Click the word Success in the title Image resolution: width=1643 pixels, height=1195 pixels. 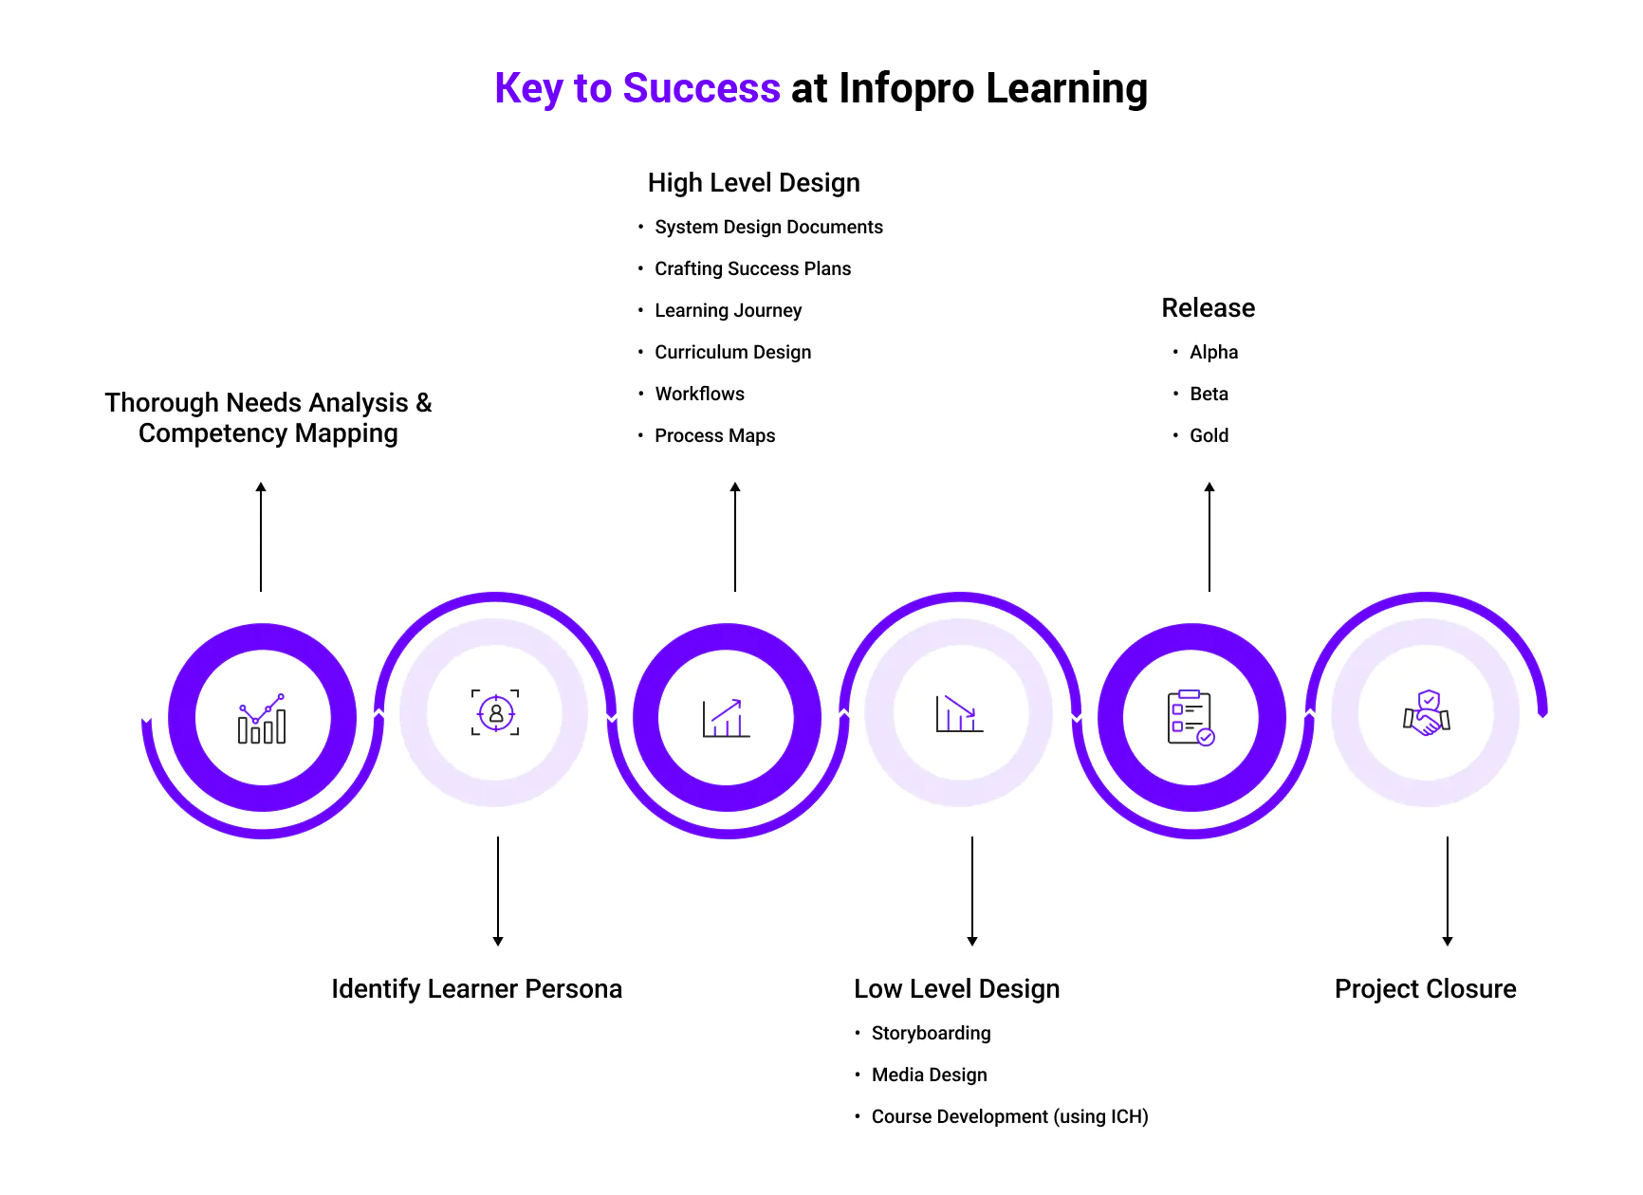coord(701,88)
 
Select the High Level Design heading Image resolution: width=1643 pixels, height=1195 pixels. coord(753,182)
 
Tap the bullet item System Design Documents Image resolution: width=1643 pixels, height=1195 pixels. coord(768,227)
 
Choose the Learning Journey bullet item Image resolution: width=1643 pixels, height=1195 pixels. coord(728,310)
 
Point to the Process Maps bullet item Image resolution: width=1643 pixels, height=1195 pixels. coord(714,435)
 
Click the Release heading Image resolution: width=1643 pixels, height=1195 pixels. coord(1208,307)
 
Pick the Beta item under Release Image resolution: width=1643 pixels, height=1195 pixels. coord(1209,394)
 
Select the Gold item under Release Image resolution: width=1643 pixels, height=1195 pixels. coord(1209,435)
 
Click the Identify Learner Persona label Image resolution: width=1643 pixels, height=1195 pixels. coord(476,988)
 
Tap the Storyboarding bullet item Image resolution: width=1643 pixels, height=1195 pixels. coord(931,1033)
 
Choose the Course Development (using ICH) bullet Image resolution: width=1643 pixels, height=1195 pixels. coord(1009,1116)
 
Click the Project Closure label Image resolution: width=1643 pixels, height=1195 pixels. coord(1425,988)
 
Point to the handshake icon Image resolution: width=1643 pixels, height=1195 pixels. coord(1427,713)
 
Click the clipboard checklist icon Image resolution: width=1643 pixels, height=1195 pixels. coord(1191,717)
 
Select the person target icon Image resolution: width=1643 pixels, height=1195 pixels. coord(495,712)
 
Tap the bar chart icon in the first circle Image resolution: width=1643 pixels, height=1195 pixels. coord(262,718)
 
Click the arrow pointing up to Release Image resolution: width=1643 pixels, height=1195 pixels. coord(1209,536)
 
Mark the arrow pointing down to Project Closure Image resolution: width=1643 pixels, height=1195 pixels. coord(1448,891)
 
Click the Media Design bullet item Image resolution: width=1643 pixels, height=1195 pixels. coord(929,1075)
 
